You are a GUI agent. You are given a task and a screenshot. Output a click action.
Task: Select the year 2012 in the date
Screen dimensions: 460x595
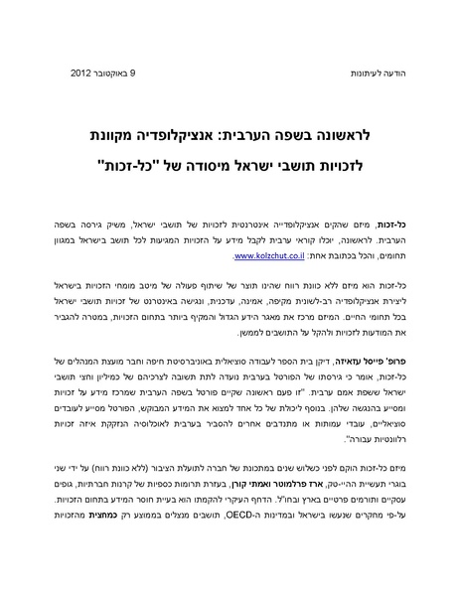click(x=84, y=74)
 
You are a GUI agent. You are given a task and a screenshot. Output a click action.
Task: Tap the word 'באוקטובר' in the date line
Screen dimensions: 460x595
click(x=120, y=74)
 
